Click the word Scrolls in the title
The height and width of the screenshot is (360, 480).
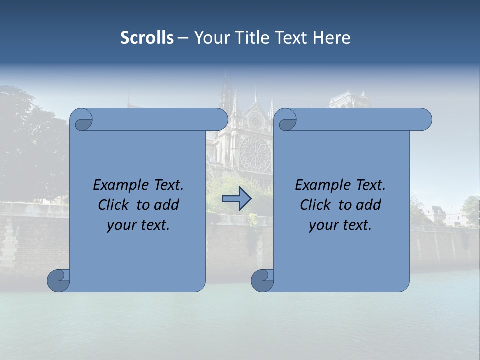click(x=147, y=38)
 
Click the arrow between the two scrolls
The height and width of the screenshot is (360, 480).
click(x=236, y=198)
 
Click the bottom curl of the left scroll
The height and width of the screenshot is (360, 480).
click(x=58, y=280)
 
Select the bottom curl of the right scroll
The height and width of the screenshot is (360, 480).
click(x=262, y=280)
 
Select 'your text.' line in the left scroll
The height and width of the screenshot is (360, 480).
click(x=138, y=225)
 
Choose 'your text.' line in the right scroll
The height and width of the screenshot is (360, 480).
click(x=340, y=225)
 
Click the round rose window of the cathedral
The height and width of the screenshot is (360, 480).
click(x=255, y=152)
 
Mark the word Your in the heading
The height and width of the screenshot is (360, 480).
click(x=211, y=38)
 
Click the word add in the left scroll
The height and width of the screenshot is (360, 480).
click(x=167, y=205)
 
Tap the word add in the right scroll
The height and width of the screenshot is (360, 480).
click(x=369, y=205)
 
